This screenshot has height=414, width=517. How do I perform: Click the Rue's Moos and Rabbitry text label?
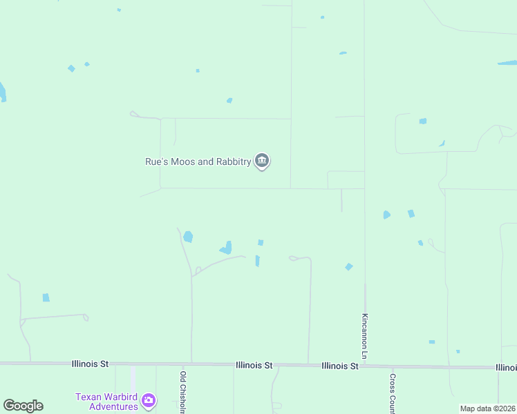pos(198,161)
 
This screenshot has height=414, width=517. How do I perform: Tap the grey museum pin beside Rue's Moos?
pos(262,161)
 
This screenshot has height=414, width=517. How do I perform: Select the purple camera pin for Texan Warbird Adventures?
pos(149,400)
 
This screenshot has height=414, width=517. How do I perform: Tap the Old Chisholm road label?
pos(183,393)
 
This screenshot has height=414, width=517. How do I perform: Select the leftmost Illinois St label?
pos(91,363)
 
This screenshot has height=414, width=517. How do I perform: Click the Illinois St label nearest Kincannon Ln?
pos(339,366)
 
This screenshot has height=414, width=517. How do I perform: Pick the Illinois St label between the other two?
pos(254,365)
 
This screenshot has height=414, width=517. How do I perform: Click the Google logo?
pos(23,406)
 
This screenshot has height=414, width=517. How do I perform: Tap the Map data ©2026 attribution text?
pos(487,408)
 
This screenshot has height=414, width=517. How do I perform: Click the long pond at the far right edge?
pos(507,63)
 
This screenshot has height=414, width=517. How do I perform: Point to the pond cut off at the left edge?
pos(2,92)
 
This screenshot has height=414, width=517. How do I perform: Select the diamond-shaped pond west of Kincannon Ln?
pos(349,266)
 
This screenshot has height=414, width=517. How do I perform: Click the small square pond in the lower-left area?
pos(46,297)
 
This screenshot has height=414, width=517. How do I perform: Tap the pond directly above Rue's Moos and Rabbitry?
pos(229,101)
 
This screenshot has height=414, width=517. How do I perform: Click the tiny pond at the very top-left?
pos(119,10)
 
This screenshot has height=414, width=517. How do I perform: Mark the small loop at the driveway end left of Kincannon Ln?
pos(292,258)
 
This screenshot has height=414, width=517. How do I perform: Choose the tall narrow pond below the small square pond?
pos(257,261)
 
